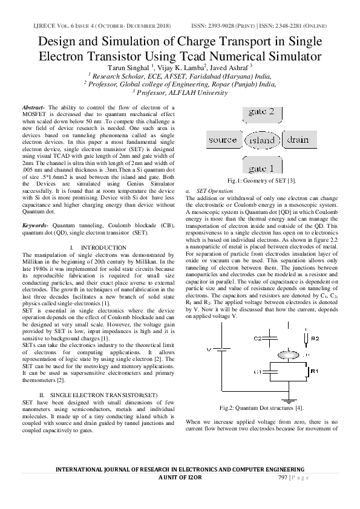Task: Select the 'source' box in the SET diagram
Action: [x=222, y=140]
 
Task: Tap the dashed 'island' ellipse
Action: [x=261, y=141]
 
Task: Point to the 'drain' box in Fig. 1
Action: [x=297, y=140]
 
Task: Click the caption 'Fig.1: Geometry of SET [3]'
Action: [x=261, y=181]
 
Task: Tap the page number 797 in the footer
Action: [x=282, y=478]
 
